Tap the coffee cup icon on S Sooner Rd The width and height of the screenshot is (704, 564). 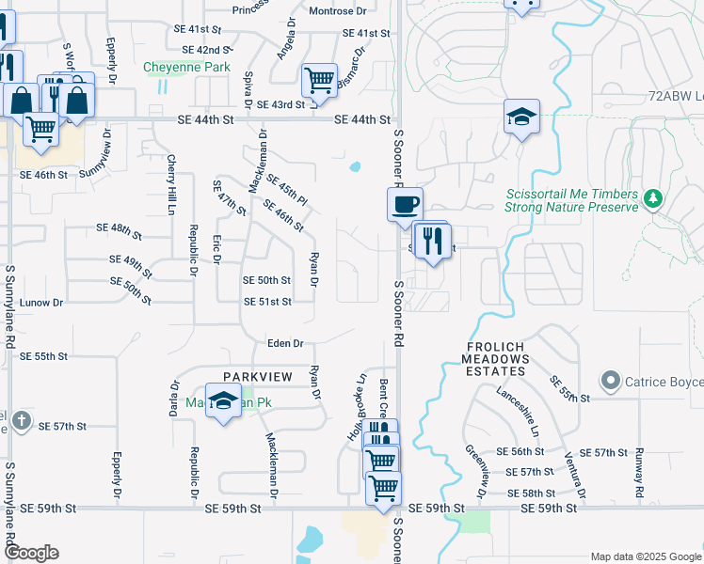405,204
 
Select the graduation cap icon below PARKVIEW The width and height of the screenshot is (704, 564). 223,402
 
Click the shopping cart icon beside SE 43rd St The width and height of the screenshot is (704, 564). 319,81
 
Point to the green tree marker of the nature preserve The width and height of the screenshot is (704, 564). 652,198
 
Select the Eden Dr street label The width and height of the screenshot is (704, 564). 285,344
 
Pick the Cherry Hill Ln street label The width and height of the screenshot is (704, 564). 172,184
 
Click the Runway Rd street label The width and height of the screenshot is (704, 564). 639,473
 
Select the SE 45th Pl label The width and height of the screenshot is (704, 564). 287,189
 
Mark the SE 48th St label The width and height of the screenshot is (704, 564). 119,228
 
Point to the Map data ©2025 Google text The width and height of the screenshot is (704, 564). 644,556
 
